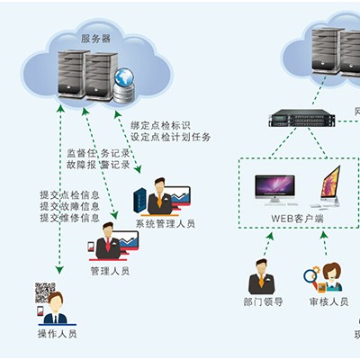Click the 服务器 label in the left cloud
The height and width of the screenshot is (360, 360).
[95, 39]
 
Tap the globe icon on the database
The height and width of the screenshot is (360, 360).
[124, 77]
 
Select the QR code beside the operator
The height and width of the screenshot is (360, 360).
[45, 292]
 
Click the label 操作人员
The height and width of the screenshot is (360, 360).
[57, 334]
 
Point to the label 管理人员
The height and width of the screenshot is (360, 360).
[110, 271]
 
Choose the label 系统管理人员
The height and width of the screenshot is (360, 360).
[166, 223]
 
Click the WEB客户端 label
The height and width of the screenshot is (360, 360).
[297, 218]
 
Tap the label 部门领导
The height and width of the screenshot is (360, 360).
[263, 301]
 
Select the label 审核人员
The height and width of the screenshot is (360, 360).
[328, 301]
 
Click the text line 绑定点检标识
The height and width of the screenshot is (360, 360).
[160, 125]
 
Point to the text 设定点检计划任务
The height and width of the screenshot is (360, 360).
[171, 137]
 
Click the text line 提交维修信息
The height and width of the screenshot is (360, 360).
[70, 218]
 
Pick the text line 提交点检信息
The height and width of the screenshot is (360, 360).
[70, 194]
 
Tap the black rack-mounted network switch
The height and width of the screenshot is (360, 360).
[301, 118]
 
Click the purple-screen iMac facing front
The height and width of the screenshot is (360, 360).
[274, 190]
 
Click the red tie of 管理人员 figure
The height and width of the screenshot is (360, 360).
[108, 245]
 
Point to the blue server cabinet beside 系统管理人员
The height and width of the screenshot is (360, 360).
[140, 200]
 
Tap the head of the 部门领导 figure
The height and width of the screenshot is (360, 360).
[261, 266]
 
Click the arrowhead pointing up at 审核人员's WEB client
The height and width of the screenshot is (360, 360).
[324, 235]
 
